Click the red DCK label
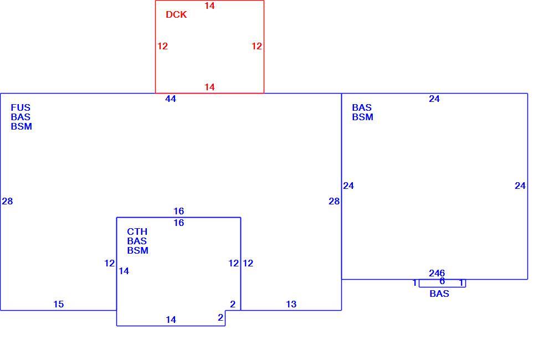click(x=176, y=14)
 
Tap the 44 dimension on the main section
click(x=171, y=99)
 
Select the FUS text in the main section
click(x=20, y=107)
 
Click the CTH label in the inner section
click(x=137, y=232)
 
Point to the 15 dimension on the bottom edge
click(x=59, y=304)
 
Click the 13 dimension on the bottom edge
click(x=291, y=304)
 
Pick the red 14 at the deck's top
click(x=209, y=6)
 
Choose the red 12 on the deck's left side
click(x=162, y=46)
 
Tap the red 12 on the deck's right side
click(x=257, y=46)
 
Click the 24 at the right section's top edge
click(x=434, y=99)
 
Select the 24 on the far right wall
click(x=520, y=186)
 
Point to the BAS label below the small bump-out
click(x=439, y=294)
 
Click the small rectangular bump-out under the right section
click(x=442, y=287)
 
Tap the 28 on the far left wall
click(x=7, y=202)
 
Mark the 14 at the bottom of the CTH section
click(x=171, y=320)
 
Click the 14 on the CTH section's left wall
click(x=124, y=271)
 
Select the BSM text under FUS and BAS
click(x=22, y=126)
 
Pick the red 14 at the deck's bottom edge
click(x=209, y=87)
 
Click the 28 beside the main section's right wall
click(x=334, y=202)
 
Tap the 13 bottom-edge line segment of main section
click(x=291, y=311)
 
